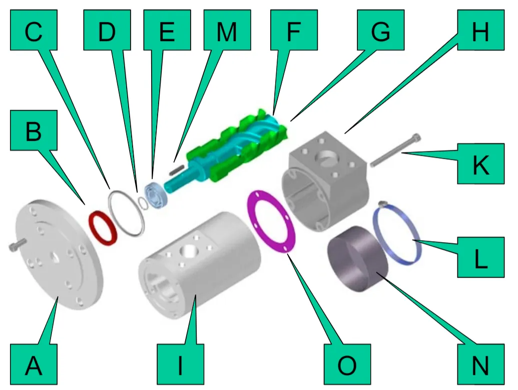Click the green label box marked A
coord(34,364)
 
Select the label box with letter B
coord(34,130)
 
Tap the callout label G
coord(380,30)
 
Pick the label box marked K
coord(480,164)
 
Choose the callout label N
coord(480,364)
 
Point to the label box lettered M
coord(227,30)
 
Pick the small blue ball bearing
coord(155,195)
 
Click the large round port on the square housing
coord(326,157)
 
